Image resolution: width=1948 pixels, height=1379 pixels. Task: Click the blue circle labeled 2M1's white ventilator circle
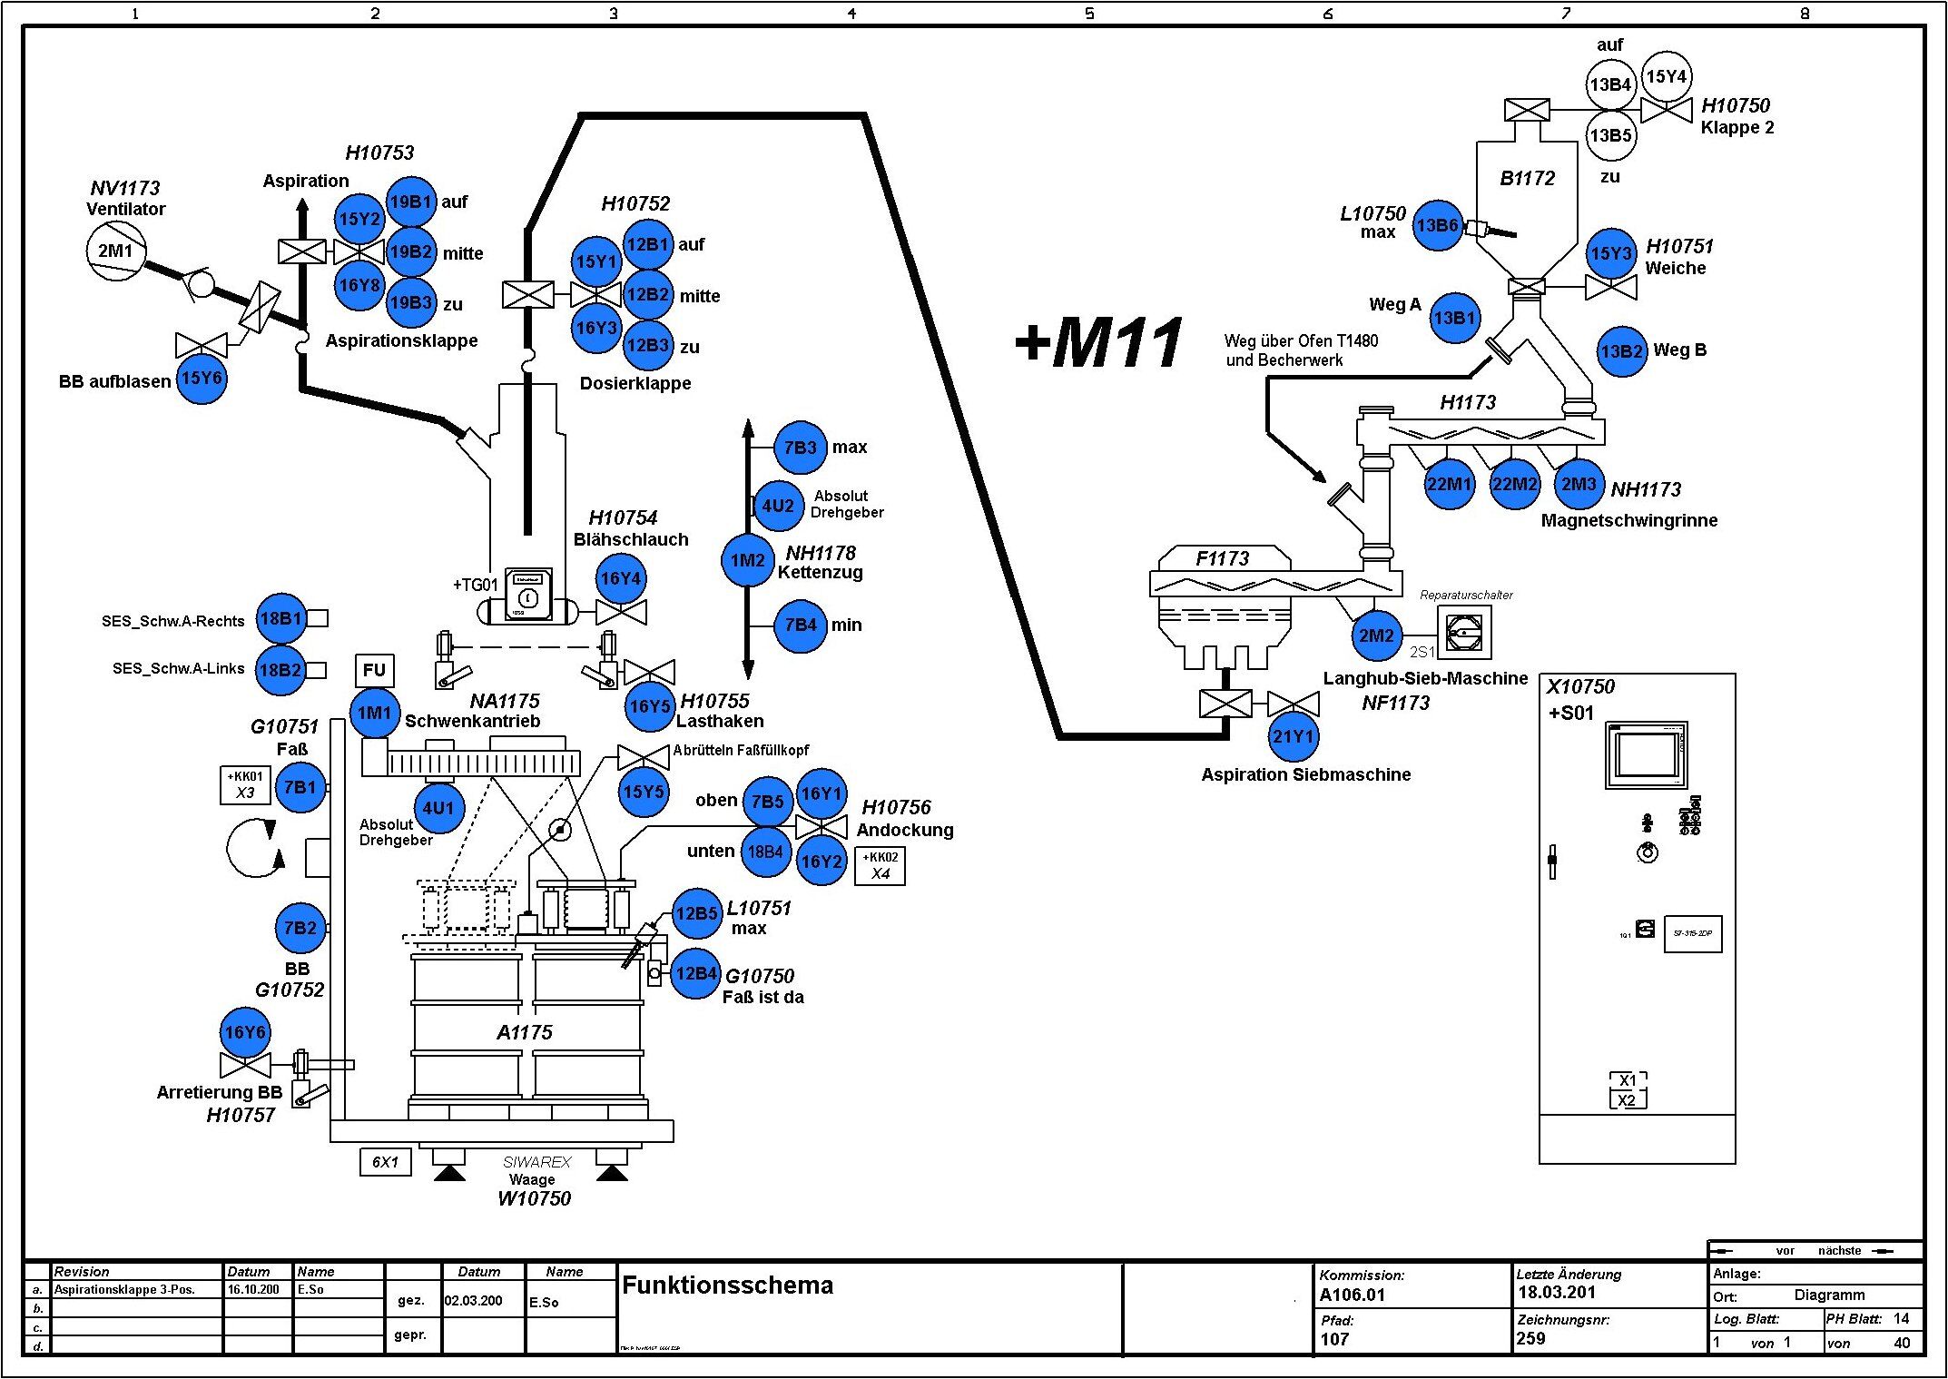click(x=115, y=251)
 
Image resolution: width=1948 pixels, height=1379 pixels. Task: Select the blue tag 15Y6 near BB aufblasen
click(x=201, y=378)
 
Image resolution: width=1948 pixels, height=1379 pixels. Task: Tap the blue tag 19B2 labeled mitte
click(x=410, y=251)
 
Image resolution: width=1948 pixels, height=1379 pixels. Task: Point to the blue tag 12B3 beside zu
click(x=647, y=345)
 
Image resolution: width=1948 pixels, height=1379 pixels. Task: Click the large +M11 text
click(x=1099, y=343)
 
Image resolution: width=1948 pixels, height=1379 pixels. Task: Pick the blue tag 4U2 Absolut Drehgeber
click(x=778, y=506)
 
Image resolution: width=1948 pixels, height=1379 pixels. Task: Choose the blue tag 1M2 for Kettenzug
click(x=747, y=560)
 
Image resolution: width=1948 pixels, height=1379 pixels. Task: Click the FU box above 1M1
click(x=374, y=671)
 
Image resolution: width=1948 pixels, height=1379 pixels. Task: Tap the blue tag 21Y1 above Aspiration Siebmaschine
click(x=1293, y=736)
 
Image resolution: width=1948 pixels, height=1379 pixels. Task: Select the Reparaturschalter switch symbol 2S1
click(x=1463, y=632)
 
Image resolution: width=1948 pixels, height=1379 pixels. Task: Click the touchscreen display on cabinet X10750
click(x=1646, y=754)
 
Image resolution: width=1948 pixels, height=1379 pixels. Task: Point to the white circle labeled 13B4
click(x=1609, y=84)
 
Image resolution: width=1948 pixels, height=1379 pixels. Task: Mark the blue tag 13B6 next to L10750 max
click(x=1438, y=225)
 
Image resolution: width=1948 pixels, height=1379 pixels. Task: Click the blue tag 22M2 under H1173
click(x=1514, y=484)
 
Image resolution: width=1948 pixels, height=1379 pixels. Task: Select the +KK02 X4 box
click(x=880, y=865)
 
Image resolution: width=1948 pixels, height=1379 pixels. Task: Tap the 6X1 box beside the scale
click(x=385, y=1162)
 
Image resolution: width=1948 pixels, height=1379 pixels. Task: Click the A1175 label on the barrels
click(x=524, y=1032)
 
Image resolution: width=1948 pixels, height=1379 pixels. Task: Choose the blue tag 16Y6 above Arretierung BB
click(x=245, y=1032)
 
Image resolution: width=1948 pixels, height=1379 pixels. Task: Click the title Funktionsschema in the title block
click(x=727, y=1285)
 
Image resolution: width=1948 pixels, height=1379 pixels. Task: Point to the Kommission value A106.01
click(x=1352, y=1295)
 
